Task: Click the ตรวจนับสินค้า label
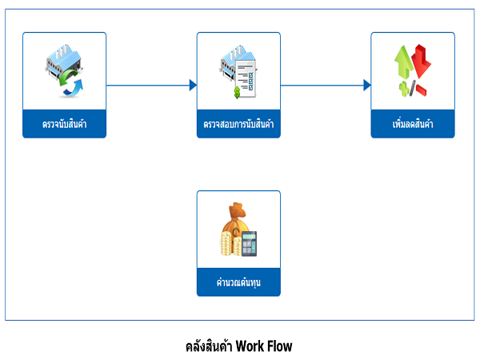click(x=64, y=124)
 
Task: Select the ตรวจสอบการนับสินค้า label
click(x=238, y=124)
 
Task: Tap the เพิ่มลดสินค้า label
click(x=413, y=124)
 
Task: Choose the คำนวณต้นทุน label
click(x=238, y=282)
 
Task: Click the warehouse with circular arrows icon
click(x=64, y=70)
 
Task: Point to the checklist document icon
click(x=246, y=79)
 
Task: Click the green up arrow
click(x=403, y=62)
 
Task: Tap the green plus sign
click(x=404, y=89)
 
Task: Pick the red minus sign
click(x=422, y=90)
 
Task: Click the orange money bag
click(x=235, y=222)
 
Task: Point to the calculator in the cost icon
click(x=249, y=244)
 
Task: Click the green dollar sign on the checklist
click(x=237, y=93)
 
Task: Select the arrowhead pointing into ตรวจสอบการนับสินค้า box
click(x=193, y=85)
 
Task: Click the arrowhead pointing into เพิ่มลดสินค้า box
click(x=367, y=85)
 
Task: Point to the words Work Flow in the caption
click(x=264, y=346)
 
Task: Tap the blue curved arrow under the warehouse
click(x=74, y=88)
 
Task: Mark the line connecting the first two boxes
click(x=148, y=85)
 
